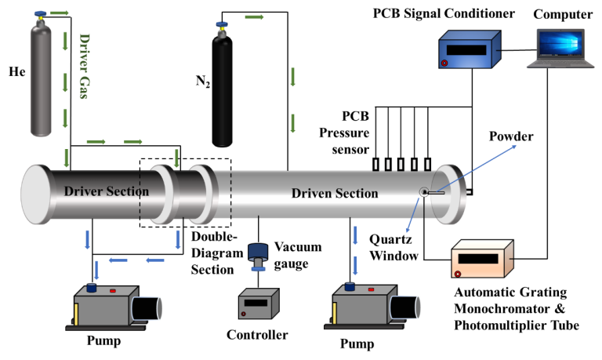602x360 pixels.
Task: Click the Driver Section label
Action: coord(106,191)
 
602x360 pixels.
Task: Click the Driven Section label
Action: coord(335,193)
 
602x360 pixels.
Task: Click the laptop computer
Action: coord(560,49)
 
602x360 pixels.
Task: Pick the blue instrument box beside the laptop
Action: coord(469,50)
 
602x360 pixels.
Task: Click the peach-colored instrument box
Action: coord(481,259)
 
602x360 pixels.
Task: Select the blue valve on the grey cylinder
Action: coord(40,15)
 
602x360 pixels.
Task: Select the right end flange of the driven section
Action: coord(450,193)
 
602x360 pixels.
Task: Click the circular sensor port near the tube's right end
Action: coord(424,192)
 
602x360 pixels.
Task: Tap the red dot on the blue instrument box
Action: coord(444,63)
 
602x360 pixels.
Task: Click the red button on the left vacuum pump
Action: coord(112,290)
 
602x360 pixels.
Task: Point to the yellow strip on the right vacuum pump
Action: coord(335,313)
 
